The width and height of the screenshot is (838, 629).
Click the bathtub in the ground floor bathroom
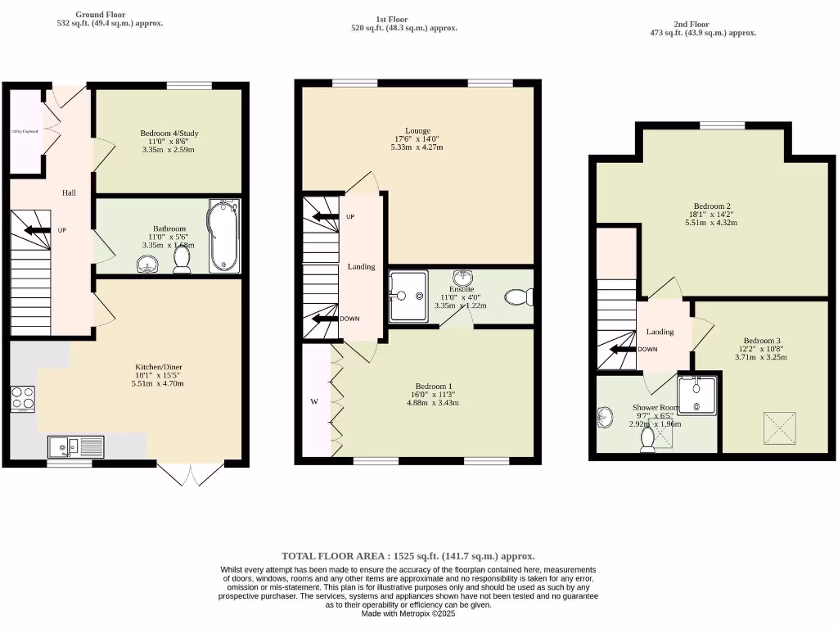(223, 236)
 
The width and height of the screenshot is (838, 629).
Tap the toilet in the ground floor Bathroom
(182, 260)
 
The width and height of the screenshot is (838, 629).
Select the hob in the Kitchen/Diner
(22, 398)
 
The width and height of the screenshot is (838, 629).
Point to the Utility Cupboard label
(25, 131)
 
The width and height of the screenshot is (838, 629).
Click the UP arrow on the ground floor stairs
(36, 230)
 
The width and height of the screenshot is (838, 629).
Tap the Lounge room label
(417, 130)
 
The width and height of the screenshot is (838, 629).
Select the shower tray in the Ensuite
(407, 296)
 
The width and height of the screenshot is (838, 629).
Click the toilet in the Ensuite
(518, 296)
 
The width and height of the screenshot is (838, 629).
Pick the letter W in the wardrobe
(313, 401)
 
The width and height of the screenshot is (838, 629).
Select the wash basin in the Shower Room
(605, 418)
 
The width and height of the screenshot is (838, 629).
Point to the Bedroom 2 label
(711, 206)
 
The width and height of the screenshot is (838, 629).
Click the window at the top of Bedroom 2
(722, 125)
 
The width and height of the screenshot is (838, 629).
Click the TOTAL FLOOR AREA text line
(408, 555)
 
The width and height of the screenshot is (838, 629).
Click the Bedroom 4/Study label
(169, 133)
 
